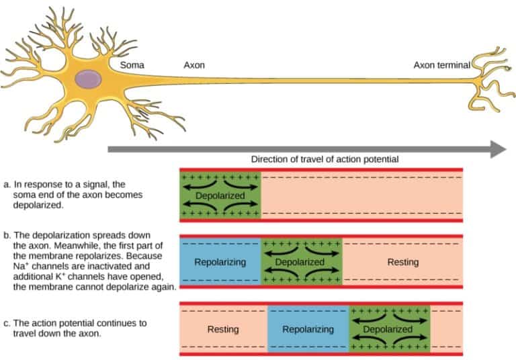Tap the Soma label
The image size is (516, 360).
pos(131,66)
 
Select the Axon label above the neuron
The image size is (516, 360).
pos(194,66)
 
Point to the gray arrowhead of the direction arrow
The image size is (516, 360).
pos(497,149)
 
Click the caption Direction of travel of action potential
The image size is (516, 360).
pos(325,160)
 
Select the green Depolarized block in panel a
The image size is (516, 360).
pos(220,195)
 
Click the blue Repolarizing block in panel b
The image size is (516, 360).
pos(220,262)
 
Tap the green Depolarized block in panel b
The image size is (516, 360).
pos(301,262)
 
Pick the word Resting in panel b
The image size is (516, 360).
pos(402,262)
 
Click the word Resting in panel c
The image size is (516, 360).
pos(223,329)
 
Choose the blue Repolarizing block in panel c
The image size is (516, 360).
pos(308,329)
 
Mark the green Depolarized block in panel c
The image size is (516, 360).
pos(388,329)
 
